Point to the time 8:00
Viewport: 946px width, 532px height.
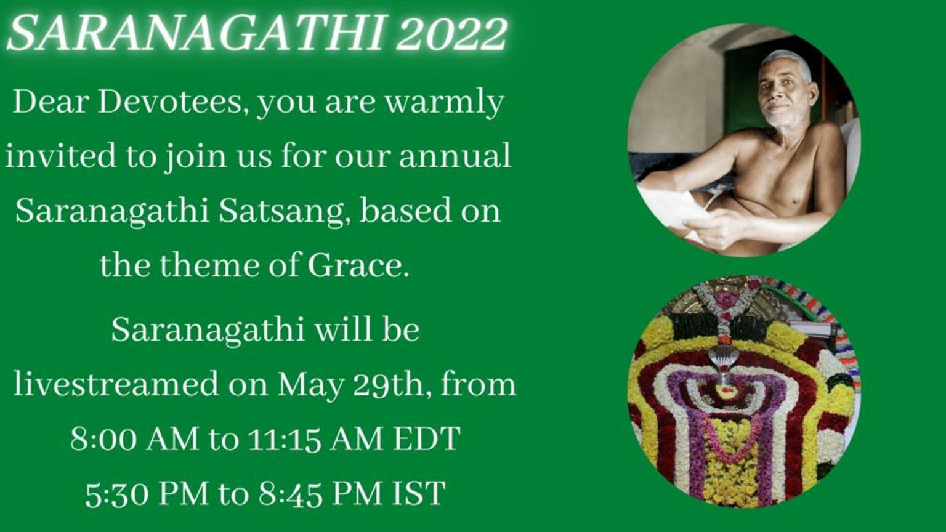point(104,439)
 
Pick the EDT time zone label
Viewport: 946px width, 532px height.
point(427,439)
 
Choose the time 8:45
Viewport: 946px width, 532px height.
point(291,493)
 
